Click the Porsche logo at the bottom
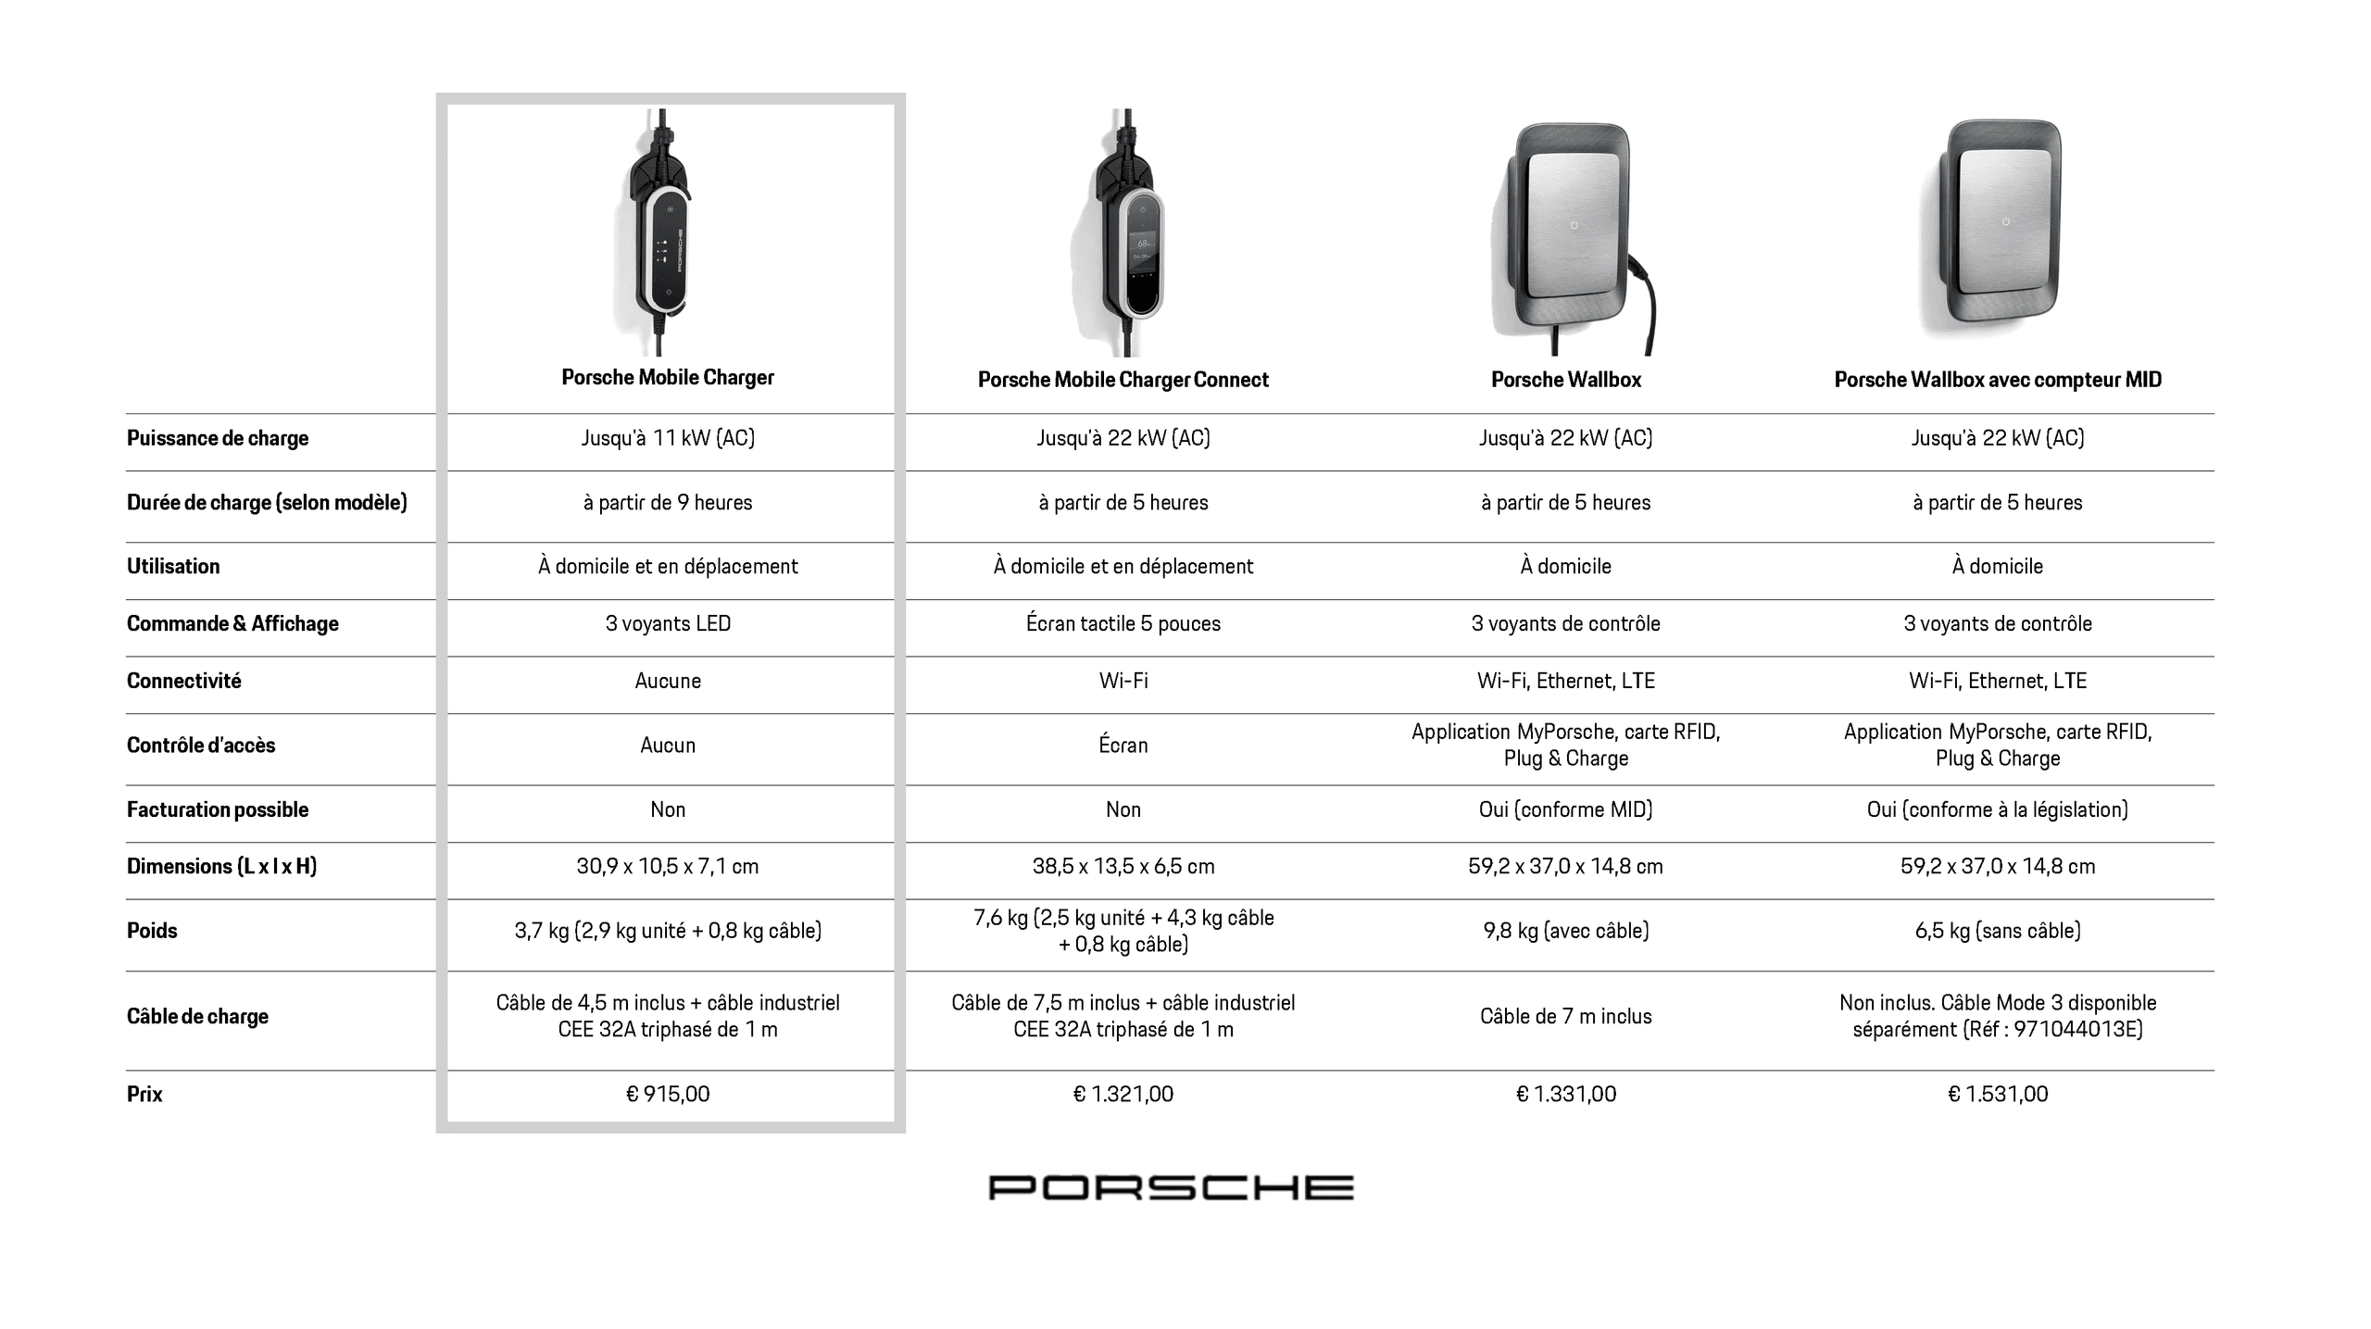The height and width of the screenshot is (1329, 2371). pos(1171,1187)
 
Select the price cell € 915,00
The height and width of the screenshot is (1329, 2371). pos(668,1094)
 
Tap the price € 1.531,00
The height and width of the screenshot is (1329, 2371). pos(1998,1094)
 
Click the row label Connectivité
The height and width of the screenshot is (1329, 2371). pos(183,681)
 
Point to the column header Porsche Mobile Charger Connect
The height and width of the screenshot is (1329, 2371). pos(1123,380)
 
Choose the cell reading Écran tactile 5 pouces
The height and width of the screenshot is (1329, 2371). pos(1123,623)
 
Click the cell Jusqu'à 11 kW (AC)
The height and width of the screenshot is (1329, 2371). pos(668,438)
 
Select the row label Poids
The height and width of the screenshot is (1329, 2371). pos(152,931)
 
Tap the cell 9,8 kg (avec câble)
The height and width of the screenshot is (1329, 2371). pos(1565,931)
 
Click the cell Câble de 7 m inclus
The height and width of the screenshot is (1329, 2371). pos(1565,1016)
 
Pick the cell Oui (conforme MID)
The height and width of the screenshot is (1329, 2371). pos(1565,809)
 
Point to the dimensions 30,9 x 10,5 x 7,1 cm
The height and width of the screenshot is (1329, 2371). pos(668,866)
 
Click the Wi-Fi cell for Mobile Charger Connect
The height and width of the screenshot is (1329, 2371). pos(1123,681)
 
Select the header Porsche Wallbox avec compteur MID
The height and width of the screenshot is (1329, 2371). pos(1998,380)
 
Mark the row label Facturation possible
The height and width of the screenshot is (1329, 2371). pos(218,809)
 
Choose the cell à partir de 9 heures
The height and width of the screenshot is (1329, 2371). pos(668,502)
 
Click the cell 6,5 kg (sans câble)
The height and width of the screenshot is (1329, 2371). pos(1998,931)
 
